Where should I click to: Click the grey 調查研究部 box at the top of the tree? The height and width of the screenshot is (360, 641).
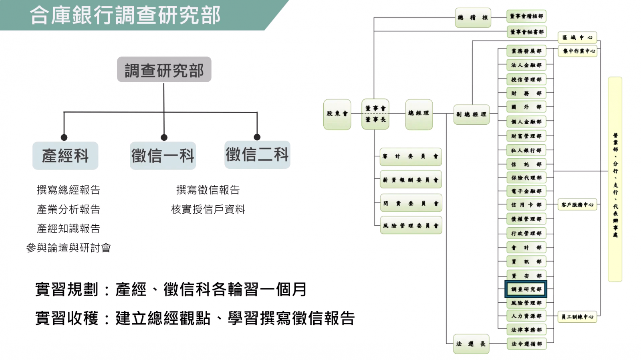[x=164, y=70]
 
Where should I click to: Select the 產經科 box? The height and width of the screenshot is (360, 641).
[x=65, y=156]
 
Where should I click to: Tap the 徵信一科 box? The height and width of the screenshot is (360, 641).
[x=163, y=156]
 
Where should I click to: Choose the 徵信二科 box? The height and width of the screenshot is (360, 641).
[x=257, y=154]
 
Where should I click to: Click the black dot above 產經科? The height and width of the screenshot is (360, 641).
[x=64, y=138]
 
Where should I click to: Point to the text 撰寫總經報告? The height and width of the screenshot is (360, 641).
[x=69, y=190]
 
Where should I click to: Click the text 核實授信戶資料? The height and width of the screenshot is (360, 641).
[x=208, y=209]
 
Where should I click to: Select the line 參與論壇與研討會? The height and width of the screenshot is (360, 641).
[x=69, y=248]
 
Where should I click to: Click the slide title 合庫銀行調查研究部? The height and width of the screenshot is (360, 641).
[x=125, y=15]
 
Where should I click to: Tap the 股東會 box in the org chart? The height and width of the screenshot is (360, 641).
[x=337, y=114]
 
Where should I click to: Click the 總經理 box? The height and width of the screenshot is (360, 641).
[x=419, y=114]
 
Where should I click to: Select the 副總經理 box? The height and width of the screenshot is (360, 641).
[x=472, y=114]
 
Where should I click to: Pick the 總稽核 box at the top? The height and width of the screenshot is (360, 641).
[x=473, y=18]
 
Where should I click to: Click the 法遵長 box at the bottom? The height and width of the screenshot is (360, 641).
[x=471, y=344]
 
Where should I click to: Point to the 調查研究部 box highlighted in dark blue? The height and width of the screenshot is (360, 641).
[x=526, y=289]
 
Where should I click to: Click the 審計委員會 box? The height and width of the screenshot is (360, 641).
[x=411, y=156]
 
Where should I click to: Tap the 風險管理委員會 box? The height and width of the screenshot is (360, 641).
[x=411, y=226]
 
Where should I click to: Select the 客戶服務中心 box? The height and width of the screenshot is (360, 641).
[x=577, y=205]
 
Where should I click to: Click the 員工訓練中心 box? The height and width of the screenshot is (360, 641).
[x=577, y=317]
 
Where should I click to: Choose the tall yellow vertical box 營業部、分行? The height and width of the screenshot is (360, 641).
[x=615, y=179]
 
